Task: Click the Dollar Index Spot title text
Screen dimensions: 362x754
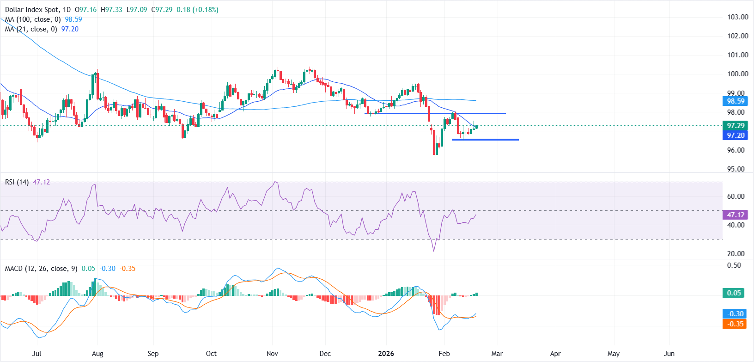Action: click(32, 10)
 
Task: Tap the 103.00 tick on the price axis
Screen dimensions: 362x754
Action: click(737, 17)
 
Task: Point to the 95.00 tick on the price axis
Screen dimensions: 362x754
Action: click(737, 169)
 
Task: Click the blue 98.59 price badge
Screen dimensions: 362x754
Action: click(736, 101)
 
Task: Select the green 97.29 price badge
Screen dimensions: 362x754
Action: click(736, 126)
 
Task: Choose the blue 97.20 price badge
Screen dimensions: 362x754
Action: click(736, 135)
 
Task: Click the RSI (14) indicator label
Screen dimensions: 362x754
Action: click(17, 182)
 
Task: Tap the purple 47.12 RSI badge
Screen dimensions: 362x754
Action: click(736, 215)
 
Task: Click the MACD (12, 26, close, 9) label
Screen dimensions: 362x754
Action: click(41, 269)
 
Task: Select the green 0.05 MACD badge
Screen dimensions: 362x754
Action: click(734, 293)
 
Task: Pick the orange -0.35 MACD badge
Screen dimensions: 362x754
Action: click(734, 324)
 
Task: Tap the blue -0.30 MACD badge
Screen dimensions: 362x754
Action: click(734, 314)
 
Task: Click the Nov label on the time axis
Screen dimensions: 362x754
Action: click(272, 354)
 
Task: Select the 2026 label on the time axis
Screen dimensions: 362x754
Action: click(386, 354)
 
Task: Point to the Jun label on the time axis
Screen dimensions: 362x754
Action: click(669, 354)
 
